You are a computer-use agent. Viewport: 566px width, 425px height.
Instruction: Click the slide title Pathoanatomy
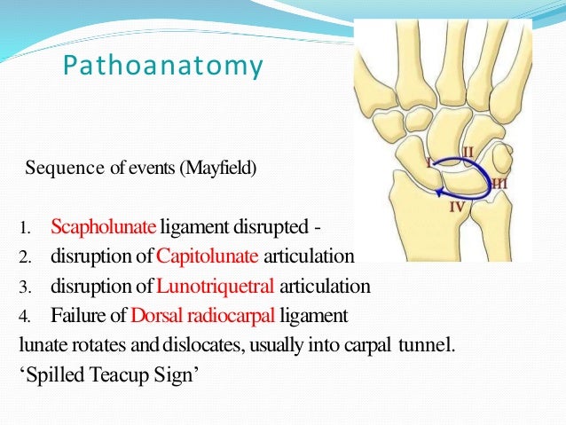[x=164, y=67]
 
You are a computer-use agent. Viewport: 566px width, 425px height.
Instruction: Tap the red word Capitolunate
[x=207, y=258]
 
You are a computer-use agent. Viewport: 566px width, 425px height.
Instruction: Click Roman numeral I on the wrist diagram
[x=428, y=163]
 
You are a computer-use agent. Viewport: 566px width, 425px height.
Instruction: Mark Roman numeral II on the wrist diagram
[x=468, y=152]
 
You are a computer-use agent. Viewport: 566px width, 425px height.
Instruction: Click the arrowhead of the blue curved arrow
[x=437, y=191]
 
